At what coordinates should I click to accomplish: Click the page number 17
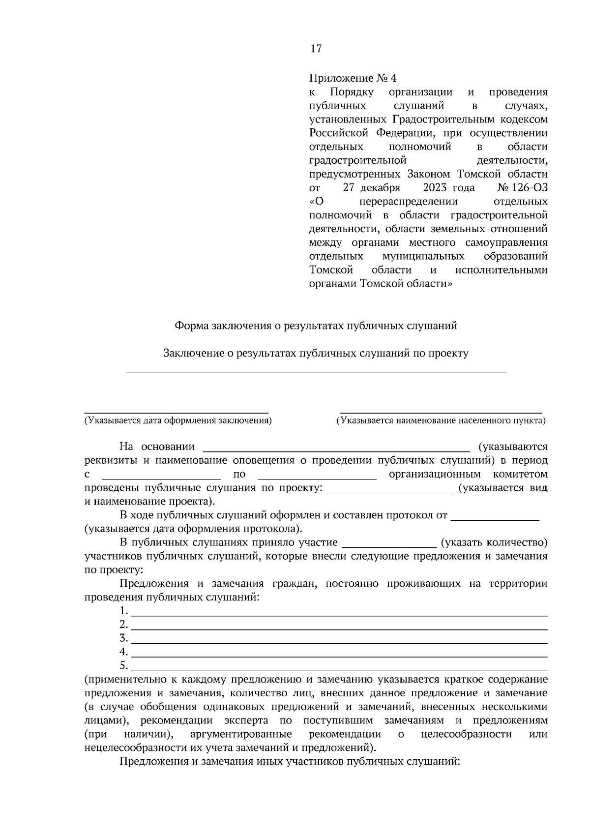[316, 48]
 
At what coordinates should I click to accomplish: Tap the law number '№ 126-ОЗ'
[522, 188]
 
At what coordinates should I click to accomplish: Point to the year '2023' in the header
[435, 188]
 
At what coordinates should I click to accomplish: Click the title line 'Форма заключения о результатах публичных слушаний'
[316, 326]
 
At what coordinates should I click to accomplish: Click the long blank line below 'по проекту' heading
[316, 372]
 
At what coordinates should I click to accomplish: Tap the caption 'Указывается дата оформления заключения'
[177, 420]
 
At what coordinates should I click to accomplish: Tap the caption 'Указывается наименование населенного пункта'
[441, 420]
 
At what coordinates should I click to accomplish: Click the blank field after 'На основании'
[337, 447]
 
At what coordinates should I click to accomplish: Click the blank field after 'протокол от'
[495, 516]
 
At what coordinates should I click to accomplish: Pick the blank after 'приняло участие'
[389, 543]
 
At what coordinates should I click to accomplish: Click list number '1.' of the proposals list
[123, 611]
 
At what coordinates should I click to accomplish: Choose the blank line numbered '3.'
[339, 639]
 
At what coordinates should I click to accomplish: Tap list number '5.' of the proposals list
[123, 666]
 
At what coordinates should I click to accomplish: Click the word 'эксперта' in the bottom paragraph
[246, 720]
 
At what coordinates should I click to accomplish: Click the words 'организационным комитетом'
[468, 475]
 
